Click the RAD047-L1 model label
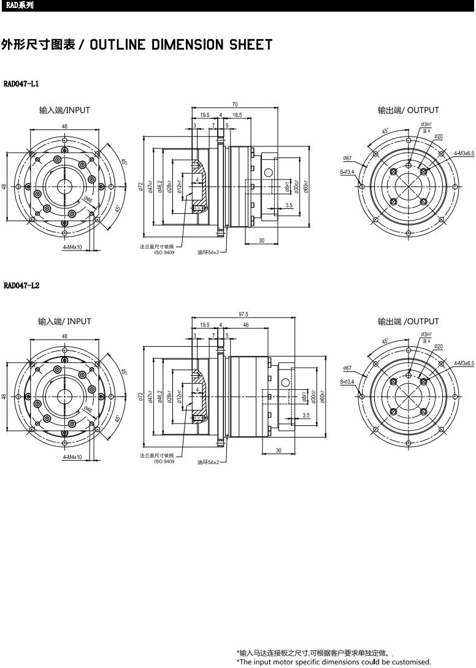click(x=21, y=83)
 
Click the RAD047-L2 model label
click(x=21, y=286)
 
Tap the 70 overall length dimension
click(x=235, y=105)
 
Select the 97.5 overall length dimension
click(x=243, y=314)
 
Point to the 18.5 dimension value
click(x=237, y=115)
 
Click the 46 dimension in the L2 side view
click(x=245, y=325)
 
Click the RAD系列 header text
click(x=17, y=6)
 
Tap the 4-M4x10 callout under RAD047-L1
click(x=72, y=247)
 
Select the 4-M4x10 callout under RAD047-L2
click(x=72, y=457)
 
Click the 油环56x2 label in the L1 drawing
click(x=208, y=252)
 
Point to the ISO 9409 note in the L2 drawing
click(x=164, y=461)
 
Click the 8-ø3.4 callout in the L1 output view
click(x=347, y=172)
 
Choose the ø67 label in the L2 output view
click(x=348, y=368)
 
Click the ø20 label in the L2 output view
click(x=439, y=347)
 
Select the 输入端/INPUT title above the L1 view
click(x=64, y=110)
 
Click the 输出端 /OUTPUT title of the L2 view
click(x=409, y=321)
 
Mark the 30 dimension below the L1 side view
click(x=261, y=241)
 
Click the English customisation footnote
click(x=334, y=662)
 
